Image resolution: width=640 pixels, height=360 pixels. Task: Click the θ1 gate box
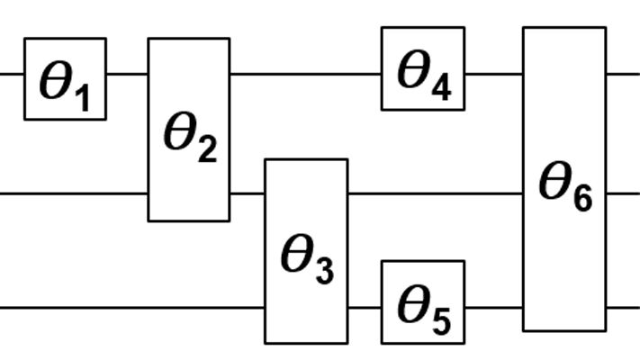(x=65, y=78)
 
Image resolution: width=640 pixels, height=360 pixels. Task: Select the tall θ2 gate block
(x=188, y=130)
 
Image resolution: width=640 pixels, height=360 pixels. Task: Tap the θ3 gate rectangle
(x=305, y=251)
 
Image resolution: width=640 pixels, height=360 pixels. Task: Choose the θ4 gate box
(x=422, y=68)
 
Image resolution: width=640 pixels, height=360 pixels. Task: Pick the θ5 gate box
(x=422, y=302)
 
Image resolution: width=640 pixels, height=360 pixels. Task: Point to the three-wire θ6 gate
(x=564, y=179)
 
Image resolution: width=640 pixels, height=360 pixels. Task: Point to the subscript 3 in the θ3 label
(x=323, y=270)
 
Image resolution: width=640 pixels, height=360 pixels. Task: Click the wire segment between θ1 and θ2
(x=127, y=74)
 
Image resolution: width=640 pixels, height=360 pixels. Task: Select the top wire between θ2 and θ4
(x=305, y=74)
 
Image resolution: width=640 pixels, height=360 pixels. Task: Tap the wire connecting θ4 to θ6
(x=493, y=74)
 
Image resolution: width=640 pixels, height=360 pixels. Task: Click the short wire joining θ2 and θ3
(x=247, y=193)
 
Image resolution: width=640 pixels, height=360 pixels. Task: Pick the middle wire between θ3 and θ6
(x=435, y=193)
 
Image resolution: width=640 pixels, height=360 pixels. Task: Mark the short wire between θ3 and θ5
(x=365, y=308)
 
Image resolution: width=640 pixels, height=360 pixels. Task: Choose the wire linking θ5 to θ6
(x=493, y=308)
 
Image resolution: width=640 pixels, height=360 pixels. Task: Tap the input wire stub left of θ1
(x=12, y=74)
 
